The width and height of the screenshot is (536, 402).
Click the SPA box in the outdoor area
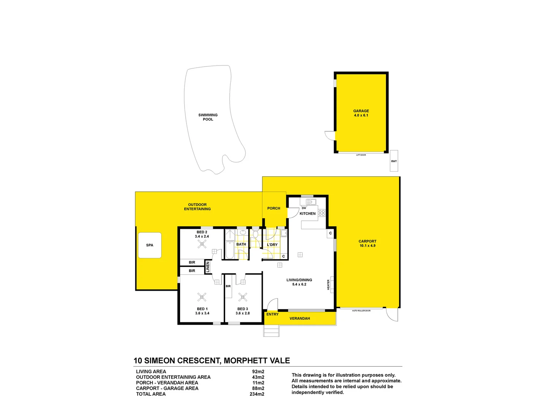(150, 245)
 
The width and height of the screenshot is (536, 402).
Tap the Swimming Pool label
(208, 117)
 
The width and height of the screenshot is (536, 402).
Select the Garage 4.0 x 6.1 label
(361, 113)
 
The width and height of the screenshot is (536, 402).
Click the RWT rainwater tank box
(394, 161)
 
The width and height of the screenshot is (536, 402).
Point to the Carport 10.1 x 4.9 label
(367, 243)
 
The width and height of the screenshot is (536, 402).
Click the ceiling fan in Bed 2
(202, 244)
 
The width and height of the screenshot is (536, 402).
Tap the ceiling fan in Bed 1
(202, 297)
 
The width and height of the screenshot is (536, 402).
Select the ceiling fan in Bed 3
(243, 297)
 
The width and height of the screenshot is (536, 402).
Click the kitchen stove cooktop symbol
(322, 213)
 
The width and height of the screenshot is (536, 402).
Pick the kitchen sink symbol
(311, 202)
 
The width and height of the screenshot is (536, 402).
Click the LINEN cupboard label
(208, 267)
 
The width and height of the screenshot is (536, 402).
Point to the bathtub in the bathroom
(230, 250)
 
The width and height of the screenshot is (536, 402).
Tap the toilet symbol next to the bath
(255, 234)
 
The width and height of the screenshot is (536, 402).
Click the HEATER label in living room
(328, 285)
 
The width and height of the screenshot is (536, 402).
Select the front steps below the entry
(271, 331)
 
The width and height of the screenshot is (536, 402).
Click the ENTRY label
(272, 314)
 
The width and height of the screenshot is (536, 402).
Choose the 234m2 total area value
(257, 394)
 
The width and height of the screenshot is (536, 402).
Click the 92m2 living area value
(258, 371)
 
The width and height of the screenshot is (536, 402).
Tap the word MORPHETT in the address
(244, 361)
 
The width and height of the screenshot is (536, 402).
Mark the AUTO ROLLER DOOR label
(361, 310)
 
